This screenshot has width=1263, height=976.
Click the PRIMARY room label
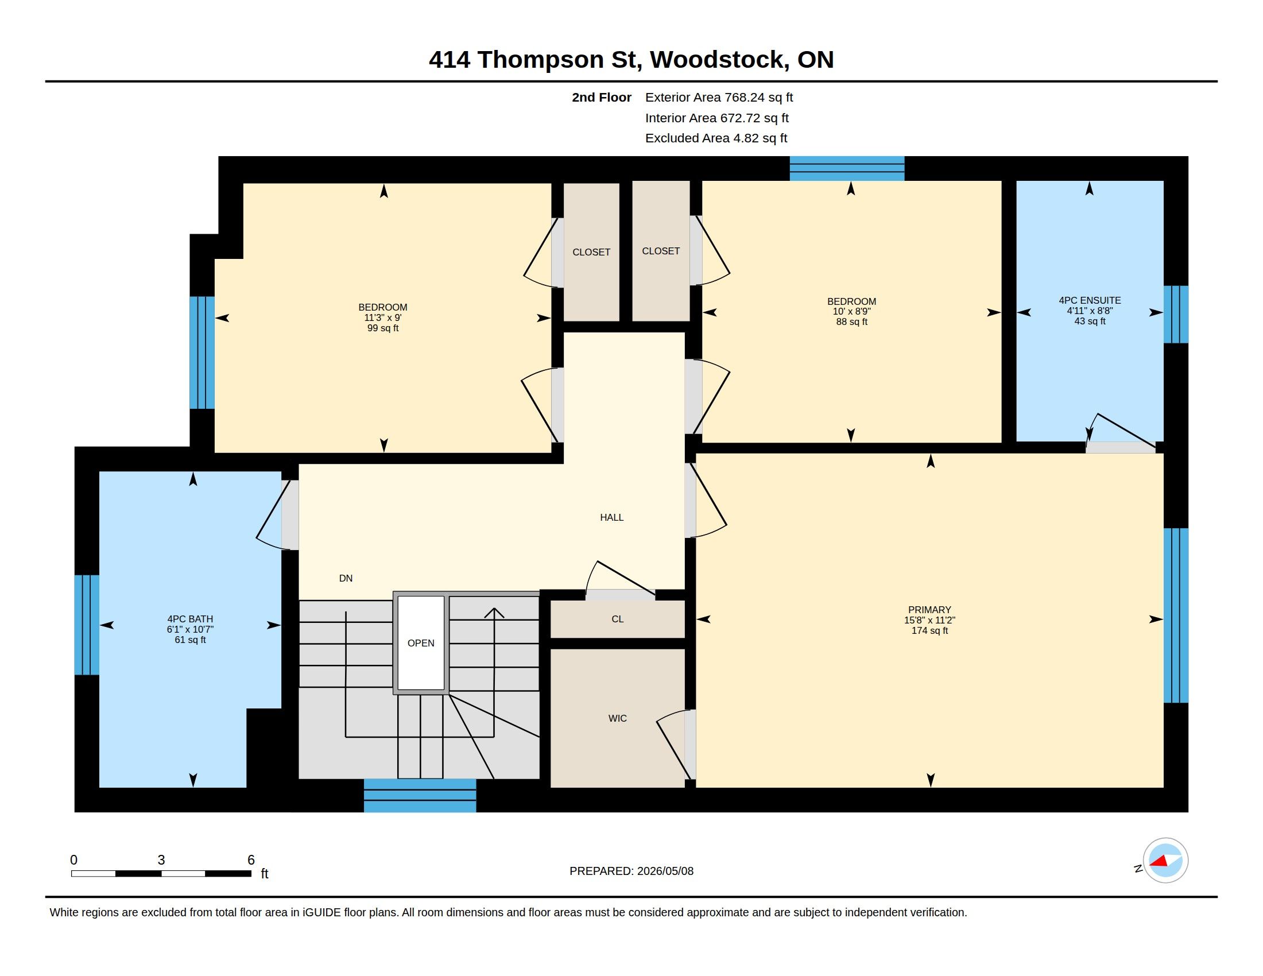(929, 609)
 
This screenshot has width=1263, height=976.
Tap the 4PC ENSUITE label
(1090, 300)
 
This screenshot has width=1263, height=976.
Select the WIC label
(617, 718)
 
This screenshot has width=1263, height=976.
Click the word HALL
(611, 517)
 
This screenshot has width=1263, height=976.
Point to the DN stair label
(346, 578)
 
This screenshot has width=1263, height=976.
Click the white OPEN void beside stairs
(421, 643)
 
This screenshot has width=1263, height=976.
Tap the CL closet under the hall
(617, 619)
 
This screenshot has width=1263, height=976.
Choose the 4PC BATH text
(190, 619)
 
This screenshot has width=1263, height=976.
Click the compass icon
(1165, 861)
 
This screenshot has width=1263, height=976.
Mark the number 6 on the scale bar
(251, 860)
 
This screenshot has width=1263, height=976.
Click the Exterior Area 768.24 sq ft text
(719, 98)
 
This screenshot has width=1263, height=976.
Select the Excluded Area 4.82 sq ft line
(716, 138)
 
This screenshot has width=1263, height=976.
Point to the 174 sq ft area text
(929, 630)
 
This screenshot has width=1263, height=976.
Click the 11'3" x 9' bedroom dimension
(383, 317)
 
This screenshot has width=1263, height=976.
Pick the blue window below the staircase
(420, 796)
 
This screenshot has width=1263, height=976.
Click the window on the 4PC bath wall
(87, 625)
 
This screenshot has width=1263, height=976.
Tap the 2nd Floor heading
(602, 98)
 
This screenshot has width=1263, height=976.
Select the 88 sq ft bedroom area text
(851, 322)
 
